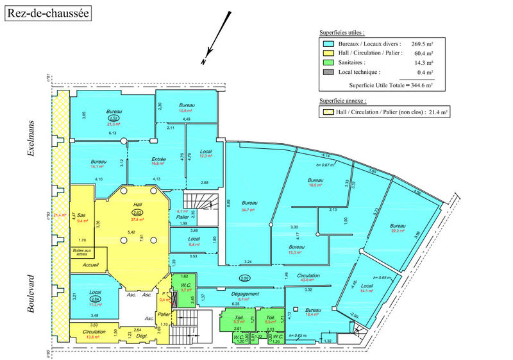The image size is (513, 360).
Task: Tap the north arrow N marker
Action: pyautogui.click(x=203, y=62)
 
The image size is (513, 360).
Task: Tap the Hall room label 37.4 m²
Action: pyautogui.click(x=137, y=219)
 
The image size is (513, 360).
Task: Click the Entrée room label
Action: pyautogui.click(x=159, y=159)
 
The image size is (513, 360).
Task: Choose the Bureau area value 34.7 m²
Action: pyautogui.click(x=246, y=210)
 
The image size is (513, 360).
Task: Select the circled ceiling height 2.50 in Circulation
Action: pyautogui.click(x=244, y=279)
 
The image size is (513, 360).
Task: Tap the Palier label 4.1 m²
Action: pyautogui.click(x=182, y=211)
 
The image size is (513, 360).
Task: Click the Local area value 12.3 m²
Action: pyautogui.click(x=206, y=155)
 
